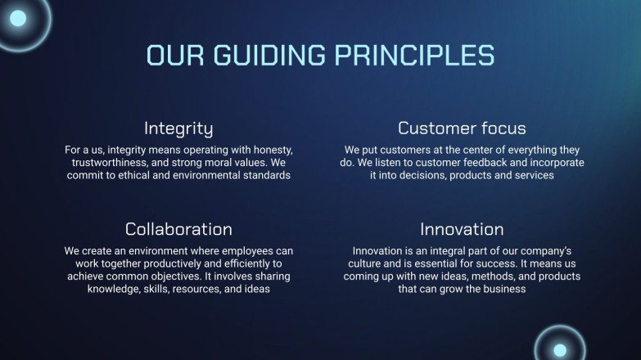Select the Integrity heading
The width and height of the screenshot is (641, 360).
coord(178,128)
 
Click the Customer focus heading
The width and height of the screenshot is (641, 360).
coord(462,128)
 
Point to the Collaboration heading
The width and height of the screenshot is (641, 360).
coord(178,229)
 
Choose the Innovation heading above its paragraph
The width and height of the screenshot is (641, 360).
coord(462,229)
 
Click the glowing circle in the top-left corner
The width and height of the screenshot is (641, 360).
coord(18,18)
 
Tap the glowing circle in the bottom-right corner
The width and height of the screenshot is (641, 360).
coord(560,349)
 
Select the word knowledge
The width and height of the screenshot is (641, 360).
coord(114,289)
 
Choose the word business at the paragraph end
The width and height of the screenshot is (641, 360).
coord(503,289)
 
